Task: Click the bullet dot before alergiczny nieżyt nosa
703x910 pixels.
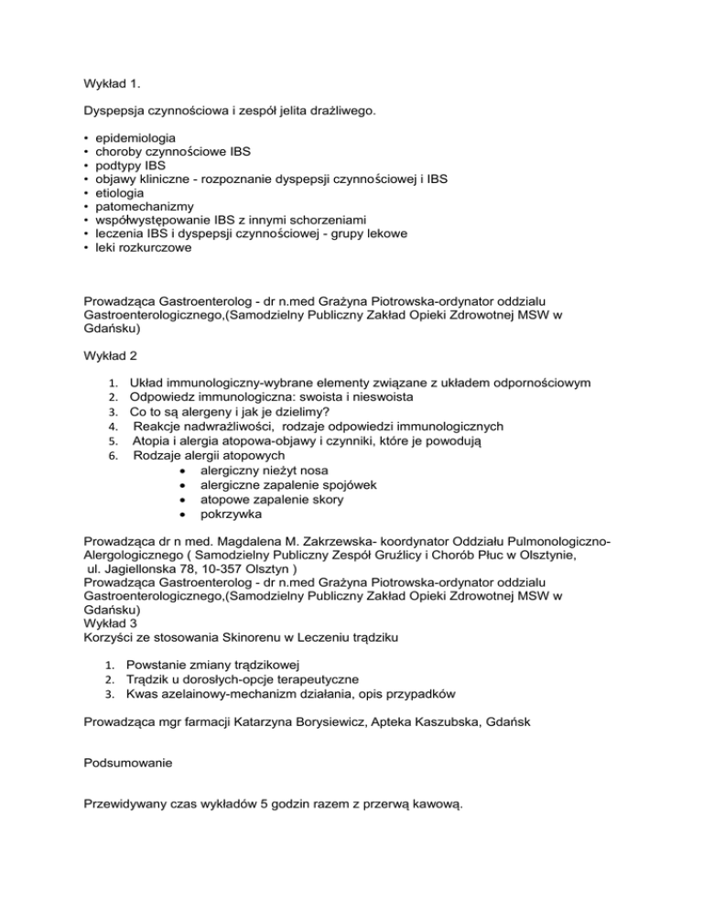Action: pyautogui.click(x=183, y=470)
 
